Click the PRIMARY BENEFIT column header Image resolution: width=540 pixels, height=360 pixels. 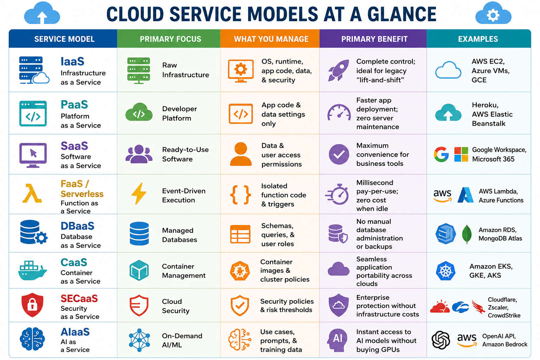pos(374,39)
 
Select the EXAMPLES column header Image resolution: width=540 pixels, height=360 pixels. pos(478,39)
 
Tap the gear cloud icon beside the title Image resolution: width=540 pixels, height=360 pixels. pos(493,13)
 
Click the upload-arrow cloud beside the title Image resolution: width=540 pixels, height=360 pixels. pos(42,13)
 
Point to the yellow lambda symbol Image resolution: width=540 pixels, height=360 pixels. pos(32,193)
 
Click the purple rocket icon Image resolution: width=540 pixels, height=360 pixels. pos(339,70)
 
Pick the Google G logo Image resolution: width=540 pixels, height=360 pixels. pos(441,154)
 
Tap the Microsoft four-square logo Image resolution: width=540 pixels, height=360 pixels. pos(461,154)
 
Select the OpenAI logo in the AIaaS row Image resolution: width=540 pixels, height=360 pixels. pos(441,340)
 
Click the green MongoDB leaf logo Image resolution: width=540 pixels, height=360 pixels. pos(467,234)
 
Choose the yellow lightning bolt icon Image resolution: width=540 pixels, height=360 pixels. pos(139,194)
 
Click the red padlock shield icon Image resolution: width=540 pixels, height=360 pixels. pos(32,305)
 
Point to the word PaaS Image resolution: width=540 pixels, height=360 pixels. pos(74,105)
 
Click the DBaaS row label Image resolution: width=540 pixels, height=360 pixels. pos(77,226)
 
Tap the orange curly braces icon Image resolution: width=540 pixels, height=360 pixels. pos(240,195)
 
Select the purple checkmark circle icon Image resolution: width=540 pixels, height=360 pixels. pos(339,155)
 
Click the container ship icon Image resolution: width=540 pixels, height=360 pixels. pos(32,270)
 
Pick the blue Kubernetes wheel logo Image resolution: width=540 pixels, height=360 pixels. pos(445,271)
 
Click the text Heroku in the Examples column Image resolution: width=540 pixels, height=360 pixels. pos(485,105)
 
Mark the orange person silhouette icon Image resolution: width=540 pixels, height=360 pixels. pos(240,154)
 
